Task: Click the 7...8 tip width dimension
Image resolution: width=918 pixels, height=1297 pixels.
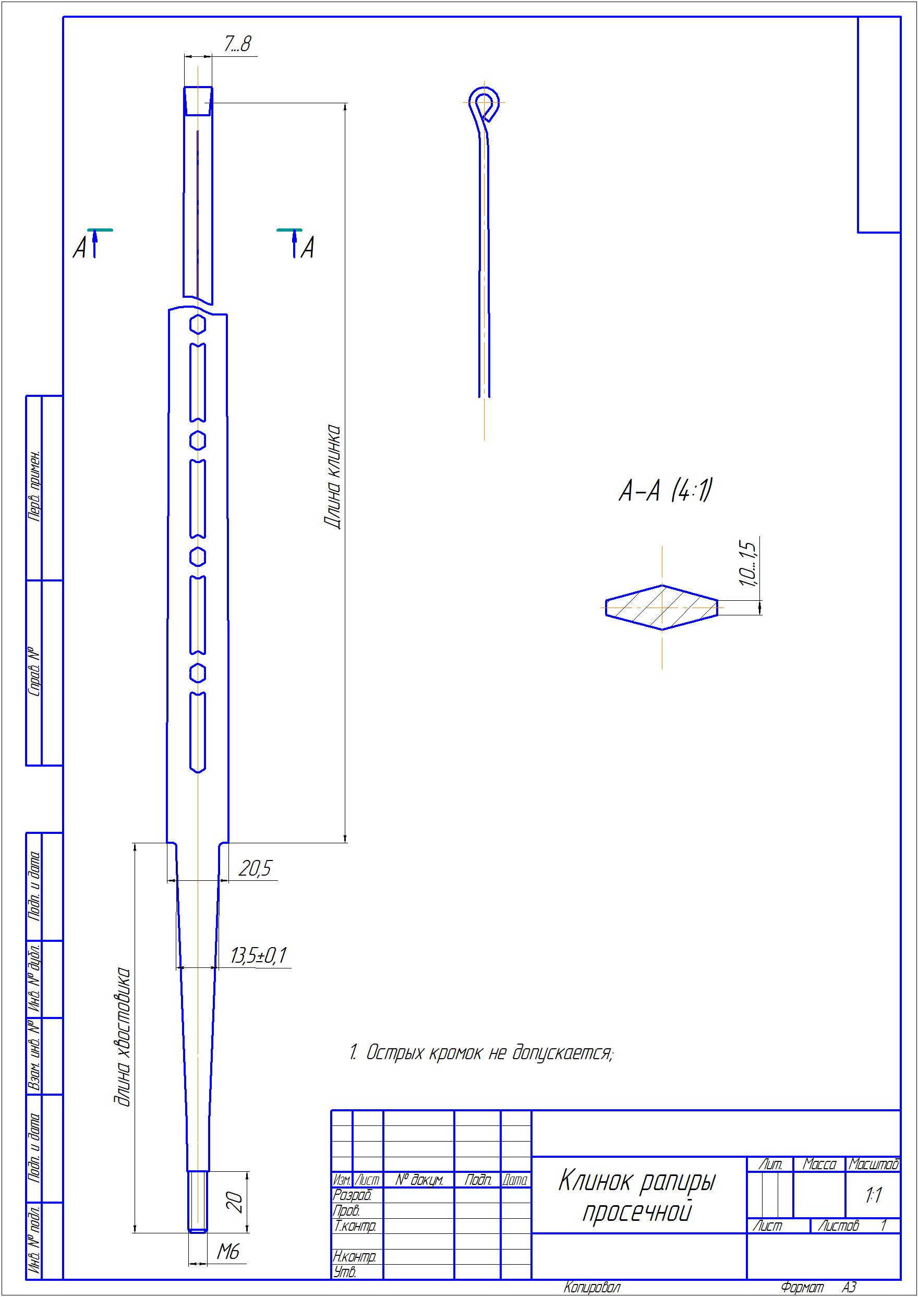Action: coord(236,45)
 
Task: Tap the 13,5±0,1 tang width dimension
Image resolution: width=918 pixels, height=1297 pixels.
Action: coord(258,955)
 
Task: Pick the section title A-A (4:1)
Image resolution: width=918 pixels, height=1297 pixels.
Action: coord(664,491)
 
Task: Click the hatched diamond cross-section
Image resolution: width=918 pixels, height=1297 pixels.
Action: coord(662,607)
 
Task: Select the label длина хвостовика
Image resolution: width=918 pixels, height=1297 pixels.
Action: coord(123,1037)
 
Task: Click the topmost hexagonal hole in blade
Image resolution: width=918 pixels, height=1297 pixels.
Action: coord(197,325)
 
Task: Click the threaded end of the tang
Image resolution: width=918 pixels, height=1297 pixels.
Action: coord(197,1202)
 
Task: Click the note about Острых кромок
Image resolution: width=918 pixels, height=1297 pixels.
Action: coord(480,1053)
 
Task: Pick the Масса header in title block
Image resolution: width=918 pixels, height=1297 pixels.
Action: coord(819,1164)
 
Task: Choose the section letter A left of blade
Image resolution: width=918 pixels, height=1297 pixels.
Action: coord(80,248)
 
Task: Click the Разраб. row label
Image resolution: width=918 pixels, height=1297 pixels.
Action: coord(352,1195)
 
